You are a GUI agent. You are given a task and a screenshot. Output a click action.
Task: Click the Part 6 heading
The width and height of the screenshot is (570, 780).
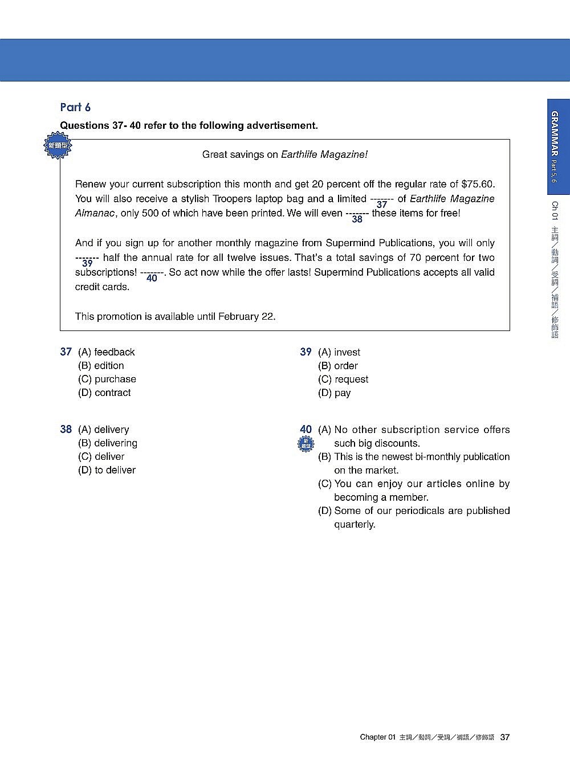(x=75, y=108)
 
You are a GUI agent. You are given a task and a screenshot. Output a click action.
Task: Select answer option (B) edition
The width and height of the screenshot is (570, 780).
(x=101, y=366)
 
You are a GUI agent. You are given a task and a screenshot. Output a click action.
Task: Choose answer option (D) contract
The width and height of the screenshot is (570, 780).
(x=104, y=393)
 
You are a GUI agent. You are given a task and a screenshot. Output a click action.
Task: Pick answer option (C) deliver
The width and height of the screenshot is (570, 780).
(x=101, y=456)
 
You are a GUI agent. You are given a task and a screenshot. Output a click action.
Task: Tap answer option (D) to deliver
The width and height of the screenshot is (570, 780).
(x=107, y=470)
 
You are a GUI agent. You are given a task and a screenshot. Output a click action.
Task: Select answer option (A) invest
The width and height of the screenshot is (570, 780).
(x=339, y=352)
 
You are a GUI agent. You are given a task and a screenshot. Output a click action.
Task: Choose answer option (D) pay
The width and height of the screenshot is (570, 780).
(x=335, y=393)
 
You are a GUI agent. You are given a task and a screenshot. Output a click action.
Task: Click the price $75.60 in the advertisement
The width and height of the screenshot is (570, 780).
(x=478, y=184)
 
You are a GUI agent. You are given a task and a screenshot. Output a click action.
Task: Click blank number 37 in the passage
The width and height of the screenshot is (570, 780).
(x=382, y=204)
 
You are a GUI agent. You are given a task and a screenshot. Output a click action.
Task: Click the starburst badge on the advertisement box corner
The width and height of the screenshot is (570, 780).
(x=58, y=146)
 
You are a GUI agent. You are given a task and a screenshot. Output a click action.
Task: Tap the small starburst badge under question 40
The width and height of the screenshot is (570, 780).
(x=306, y=444)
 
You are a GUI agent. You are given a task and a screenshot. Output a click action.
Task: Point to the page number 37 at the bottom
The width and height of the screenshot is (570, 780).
(x=505, y=737)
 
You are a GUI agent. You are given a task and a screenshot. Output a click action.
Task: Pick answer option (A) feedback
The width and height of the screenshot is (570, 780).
(x=107, y=352)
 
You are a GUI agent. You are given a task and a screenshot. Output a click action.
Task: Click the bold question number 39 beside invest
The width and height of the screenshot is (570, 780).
(x=306, y=352)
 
